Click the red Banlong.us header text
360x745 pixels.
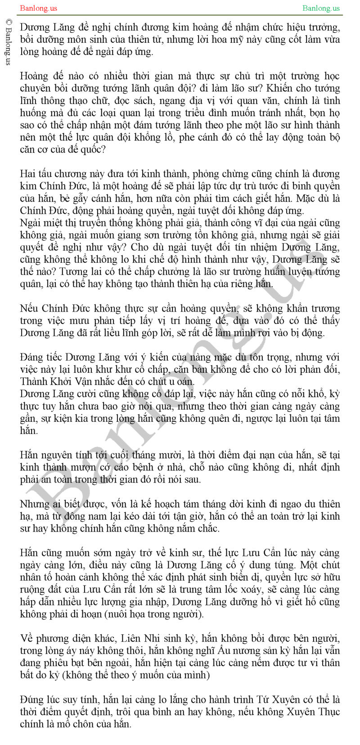(39, 8)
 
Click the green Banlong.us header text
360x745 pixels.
(321, 8)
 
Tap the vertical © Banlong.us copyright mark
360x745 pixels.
(8, 43)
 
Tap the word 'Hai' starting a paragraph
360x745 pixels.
(27, 174)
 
